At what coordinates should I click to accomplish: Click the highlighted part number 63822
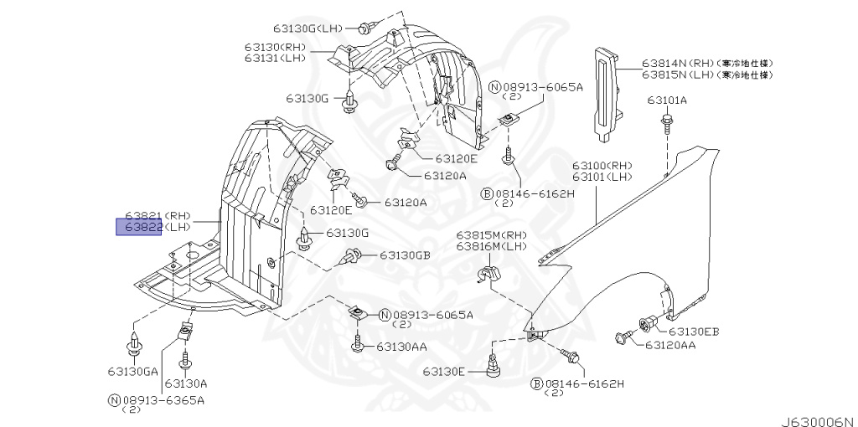pyautogui.click(x=139, y=227)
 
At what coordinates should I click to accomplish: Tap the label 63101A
pyautogui.click(x=667, y=100)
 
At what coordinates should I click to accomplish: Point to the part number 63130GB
pyautogui.click(x=405, y=255)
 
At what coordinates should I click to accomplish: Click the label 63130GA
pyautogui.click(x=132, y=371)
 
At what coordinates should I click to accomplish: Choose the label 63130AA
pyautogui.click(x=401, y=346)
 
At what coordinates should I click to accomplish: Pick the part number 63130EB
pyautogui.click(x=694, y=332)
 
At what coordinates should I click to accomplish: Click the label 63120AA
pyautogui.click(x=670, y=345)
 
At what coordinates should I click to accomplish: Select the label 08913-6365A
pyautogui.click(x=162, y=399)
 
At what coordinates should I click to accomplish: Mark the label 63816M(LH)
pyautogui.click(x=492, y=246)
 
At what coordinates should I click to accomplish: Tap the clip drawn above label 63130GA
pyautogui.click(x=133, y=344)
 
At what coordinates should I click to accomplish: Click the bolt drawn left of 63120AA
pyautogui.click(x=623, y=337)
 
